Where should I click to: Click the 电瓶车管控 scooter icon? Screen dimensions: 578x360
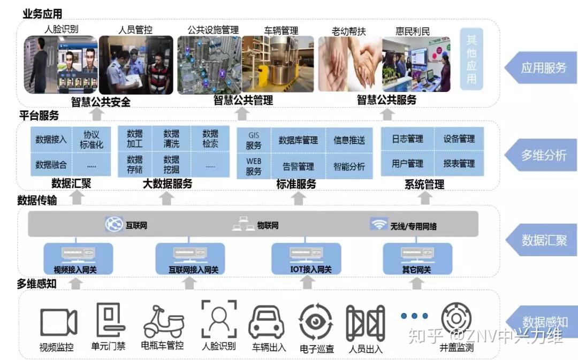(x=163, y=322)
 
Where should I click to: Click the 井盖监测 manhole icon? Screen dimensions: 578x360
(x=456, y=320)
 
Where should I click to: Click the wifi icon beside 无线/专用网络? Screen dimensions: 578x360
(x=379, y=225)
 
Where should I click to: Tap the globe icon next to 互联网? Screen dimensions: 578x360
(x=114, y=225)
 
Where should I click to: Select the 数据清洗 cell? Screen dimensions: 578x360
(x=171, y=139)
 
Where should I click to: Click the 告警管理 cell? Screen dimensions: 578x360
(x=298, y=166)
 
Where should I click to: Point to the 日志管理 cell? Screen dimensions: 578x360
(x=407, y=139)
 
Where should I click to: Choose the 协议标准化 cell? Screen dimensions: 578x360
(x=92, y=139)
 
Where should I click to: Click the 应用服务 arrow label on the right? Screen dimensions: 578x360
(x=541, y=68)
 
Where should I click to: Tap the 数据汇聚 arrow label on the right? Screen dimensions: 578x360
(x=541, y=240)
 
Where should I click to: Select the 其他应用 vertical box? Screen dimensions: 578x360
(x=471, y=59)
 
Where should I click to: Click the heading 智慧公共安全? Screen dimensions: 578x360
(x=101, y=102)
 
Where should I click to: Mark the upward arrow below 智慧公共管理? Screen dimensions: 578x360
(x=242, y=113)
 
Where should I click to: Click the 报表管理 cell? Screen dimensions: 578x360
(x=459, y=164)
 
